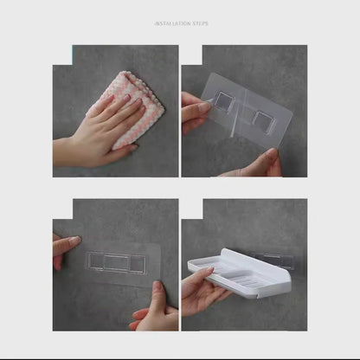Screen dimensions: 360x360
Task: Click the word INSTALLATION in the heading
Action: pos(171,23)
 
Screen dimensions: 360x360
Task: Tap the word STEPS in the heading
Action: pos(199,23)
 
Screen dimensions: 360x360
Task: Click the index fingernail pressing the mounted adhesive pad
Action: pos(75,240)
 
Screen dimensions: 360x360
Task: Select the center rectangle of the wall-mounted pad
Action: pos(116,263)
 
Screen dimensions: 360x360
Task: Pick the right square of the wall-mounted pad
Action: pos(138,264)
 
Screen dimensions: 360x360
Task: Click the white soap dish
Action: pos(240,273)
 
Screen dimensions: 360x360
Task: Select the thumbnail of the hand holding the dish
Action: pos(209,271)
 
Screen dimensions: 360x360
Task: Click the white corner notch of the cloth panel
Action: pos(62,55)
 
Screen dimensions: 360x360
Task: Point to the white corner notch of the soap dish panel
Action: pos(192,209)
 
